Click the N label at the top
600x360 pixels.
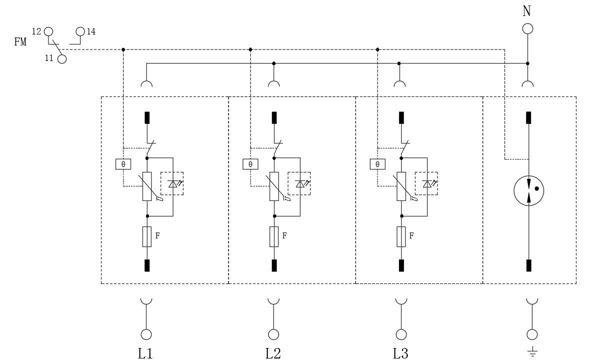527,11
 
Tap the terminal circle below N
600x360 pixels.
527,28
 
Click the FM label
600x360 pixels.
20,42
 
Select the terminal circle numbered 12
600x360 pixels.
48,31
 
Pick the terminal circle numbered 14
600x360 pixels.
80,31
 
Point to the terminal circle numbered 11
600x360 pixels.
61,59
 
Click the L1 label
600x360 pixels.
145,353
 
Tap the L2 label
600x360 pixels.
273,353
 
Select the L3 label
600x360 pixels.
400,353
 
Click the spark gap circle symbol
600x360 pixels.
528,190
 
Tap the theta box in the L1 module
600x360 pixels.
123,164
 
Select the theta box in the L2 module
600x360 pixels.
250,164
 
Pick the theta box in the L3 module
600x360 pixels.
377,164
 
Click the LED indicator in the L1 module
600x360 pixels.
172,183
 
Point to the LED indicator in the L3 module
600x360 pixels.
426,183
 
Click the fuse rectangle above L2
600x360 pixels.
274,236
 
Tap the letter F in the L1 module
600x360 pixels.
157,235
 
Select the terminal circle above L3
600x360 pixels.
400,334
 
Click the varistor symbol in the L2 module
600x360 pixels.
274,186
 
